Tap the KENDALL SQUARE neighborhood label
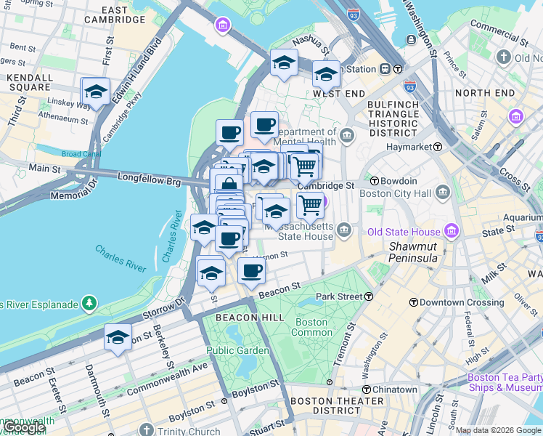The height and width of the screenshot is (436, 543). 30,83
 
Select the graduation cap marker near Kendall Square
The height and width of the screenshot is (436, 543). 95,92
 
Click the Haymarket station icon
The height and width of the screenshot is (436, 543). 438,147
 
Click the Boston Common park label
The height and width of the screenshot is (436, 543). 311,327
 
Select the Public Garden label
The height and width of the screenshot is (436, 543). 237,350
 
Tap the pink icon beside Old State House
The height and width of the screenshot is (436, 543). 452,232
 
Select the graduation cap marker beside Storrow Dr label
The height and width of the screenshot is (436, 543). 118,338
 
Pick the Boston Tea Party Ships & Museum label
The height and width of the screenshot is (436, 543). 505,382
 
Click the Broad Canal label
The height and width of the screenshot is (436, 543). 81,154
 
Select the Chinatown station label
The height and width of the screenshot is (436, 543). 395,389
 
